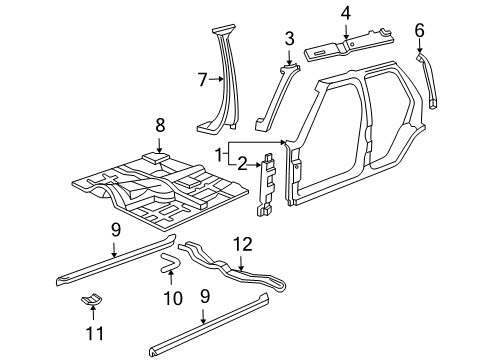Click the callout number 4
point(345,13)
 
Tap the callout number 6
point(420,29)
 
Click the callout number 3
point(289,38)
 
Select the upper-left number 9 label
point(116,229)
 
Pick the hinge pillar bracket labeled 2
point(268,185)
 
